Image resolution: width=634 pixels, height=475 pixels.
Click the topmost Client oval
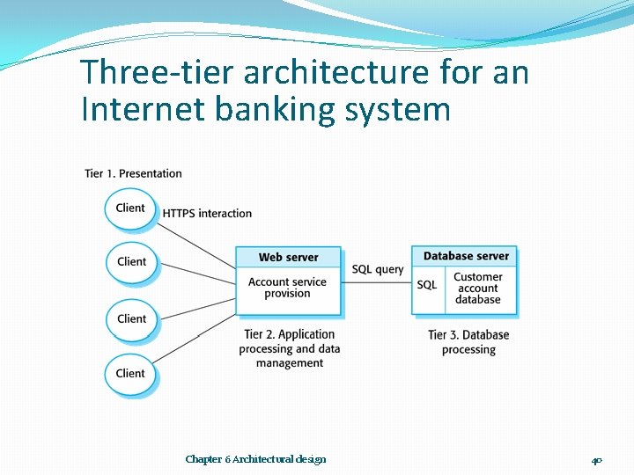click(130, 208)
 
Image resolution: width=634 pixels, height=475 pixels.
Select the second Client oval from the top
click(131, 261)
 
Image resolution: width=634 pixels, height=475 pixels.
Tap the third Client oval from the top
click(131, 318)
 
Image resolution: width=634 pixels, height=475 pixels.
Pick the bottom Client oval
click(130, 373)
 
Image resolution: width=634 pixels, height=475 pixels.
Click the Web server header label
click(288, 257)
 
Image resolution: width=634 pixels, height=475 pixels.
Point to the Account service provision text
click(287, 288)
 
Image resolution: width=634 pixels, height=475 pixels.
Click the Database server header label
click(466, 256)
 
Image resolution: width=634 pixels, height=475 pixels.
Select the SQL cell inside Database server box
click(427, 285)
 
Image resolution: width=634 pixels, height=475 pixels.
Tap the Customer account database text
click(477, 288)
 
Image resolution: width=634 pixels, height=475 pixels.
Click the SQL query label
click(378, 269)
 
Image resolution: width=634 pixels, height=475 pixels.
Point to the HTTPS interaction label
click(207, 213)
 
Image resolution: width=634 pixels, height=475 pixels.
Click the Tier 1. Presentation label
click(134, 173)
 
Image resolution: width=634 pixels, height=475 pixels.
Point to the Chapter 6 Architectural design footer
click(255, 459)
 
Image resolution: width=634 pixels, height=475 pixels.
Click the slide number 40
click(596, 459)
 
